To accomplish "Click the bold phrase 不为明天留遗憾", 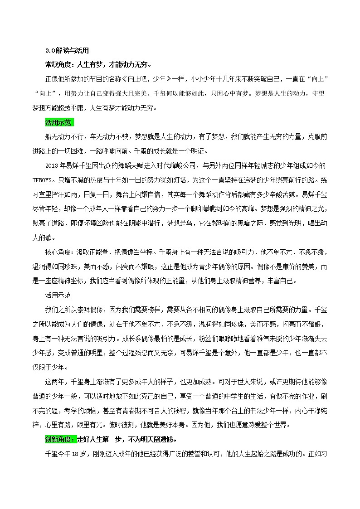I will [x=145, y=440].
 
